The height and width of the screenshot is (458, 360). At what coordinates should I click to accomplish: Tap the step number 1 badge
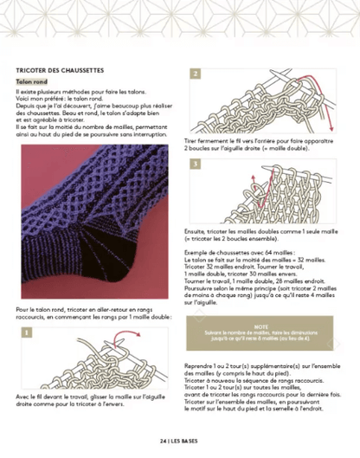(x=22, y=332)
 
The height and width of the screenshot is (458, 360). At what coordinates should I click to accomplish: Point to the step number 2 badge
(x=196, y=74)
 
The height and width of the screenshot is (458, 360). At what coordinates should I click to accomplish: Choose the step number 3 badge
(x=196, y=164)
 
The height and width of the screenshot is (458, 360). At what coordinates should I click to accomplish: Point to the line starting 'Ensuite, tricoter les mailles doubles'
(x=264, y=231)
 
